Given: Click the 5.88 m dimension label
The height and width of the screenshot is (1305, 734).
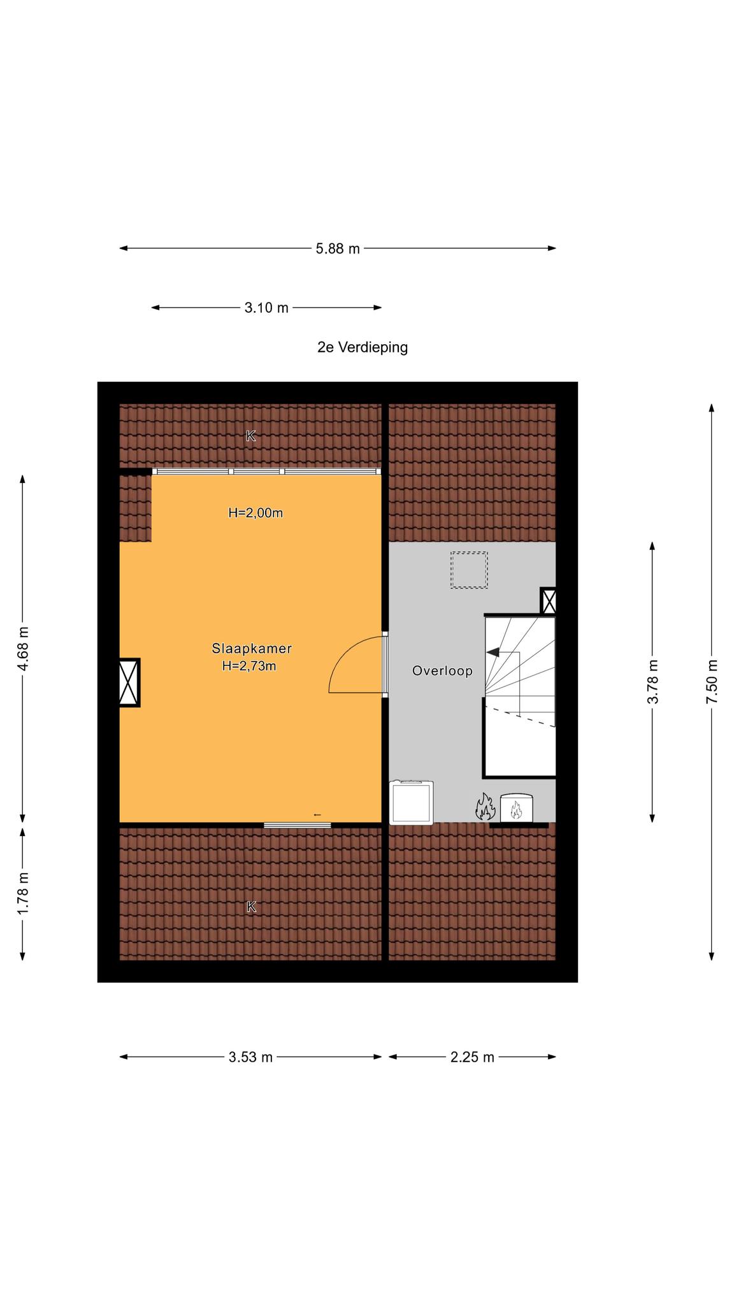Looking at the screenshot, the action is pos(338,249).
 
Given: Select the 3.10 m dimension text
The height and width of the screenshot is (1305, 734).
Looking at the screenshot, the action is pos(266,308).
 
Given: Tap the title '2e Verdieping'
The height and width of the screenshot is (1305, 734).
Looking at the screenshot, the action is pos(363,347).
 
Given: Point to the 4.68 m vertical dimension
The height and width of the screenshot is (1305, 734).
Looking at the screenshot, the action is pos(23,649).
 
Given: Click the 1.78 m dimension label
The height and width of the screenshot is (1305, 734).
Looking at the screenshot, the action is pos(23,893).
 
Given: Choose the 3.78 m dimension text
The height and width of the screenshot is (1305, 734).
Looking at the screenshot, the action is pos(652,682).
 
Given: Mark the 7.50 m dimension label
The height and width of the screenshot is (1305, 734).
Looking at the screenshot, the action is pos(712,682).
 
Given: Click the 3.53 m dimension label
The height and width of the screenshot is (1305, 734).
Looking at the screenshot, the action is pos(250,1057).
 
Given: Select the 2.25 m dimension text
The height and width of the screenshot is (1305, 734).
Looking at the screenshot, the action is pos(472,1057).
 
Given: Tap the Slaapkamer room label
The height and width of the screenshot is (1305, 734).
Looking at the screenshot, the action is pos(252,649).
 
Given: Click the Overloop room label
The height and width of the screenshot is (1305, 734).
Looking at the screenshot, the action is pos(442,670).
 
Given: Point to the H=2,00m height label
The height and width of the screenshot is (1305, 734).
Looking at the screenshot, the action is pos(255,512).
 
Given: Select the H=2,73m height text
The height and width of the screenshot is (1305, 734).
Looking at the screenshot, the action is pos(249,667).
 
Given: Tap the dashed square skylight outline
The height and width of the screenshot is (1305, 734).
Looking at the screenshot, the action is pos(469,570).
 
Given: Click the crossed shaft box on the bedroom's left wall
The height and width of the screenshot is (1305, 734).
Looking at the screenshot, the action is pos(129,682).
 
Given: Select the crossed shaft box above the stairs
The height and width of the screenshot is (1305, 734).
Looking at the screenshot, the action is pos(548,601).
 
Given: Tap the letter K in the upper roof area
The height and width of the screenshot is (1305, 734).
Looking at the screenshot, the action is pos(251,436).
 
